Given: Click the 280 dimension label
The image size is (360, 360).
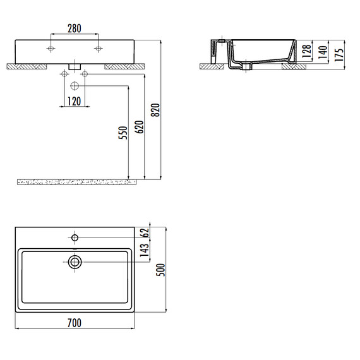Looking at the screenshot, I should [75, 29].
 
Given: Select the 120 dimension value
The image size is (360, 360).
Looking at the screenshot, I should [75, 101].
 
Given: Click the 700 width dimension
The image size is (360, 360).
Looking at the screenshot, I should [75, 323].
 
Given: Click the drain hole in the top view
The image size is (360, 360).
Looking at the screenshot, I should [75, 261].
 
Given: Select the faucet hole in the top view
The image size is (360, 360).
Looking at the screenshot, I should [75, 238].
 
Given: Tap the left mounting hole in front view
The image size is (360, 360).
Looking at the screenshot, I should [51, 48].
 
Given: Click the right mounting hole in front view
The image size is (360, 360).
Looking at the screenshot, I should [99, 48].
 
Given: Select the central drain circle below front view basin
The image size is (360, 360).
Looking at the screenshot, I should [75, 85].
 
